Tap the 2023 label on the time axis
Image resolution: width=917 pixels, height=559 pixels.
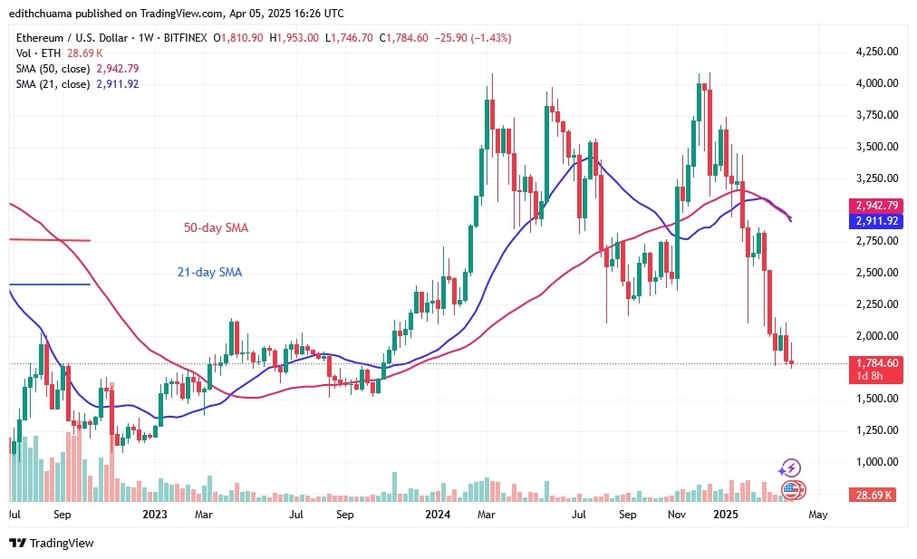coord(155,515)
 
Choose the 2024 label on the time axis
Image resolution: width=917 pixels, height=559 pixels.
coord(439,515)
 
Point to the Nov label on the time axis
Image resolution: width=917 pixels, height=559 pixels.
coord(675,515)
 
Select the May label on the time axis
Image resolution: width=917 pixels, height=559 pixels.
coord(817,515)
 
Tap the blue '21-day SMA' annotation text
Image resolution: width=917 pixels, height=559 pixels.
coord(208,272)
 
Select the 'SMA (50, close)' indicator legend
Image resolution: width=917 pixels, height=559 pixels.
coord(50,68)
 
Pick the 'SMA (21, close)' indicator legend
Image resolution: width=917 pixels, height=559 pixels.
coord(50,83)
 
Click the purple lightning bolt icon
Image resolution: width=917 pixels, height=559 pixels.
coord(789,468)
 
